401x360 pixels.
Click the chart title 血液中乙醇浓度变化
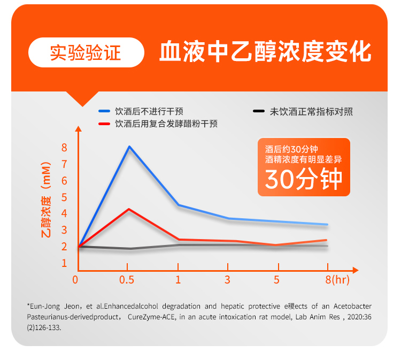tap(265, 52)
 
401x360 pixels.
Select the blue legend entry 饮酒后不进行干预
tap(141, 111)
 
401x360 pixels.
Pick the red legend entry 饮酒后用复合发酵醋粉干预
tap(158, 124)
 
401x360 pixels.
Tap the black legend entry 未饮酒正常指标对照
tap(303, 111)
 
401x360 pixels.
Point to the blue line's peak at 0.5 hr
tap(129, 147)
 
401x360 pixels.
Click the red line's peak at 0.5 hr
tap(128, 209)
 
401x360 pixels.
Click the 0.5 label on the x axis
tap(127, 280)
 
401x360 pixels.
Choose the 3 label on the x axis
tap(228, 280)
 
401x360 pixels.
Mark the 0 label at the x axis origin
tap(75, 280)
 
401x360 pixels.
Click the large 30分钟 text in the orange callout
tap(304, 180)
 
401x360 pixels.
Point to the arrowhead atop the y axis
tap(79, 129)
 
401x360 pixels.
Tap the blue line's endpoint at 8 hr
tap(327, 225)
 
